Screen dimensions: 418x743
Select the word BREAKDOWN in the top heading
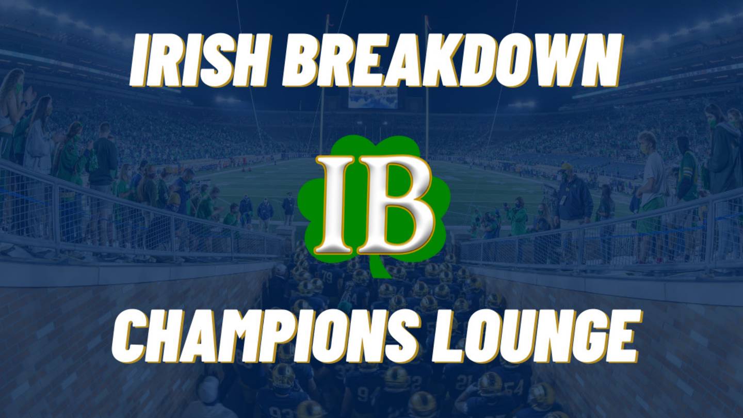point(451,61)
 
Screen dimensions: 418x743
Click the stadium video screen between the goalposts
point(373,98)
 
